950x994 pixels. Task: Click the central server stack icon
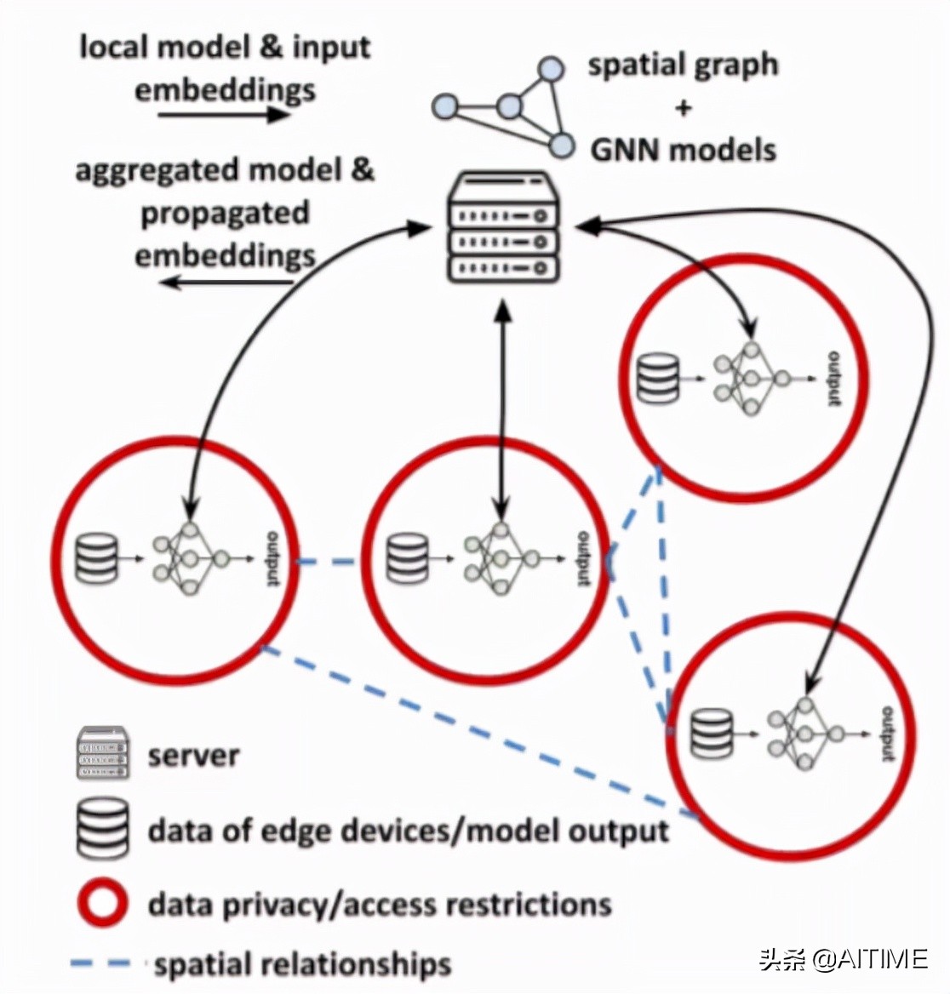tap(504, 228)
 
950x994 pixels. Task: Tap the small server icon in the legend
tap(103, 753)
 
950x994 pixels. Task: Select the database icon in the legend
tap(103, 828)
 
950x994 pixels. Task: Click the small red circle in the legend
tap(102, 903)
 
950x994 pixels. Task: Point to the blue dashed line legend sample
tap(101, 963)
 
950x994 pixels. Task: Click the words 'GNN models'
tap(684, 150)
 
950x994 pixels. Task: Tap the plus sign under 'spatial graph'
tap(683, 107)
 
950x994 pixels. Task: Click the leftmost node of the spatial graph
tap(444, 107)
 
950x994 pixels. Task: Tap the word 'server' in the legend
tap(193, 755)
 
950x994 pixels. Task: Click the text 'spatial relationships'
tap(302, 964)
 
